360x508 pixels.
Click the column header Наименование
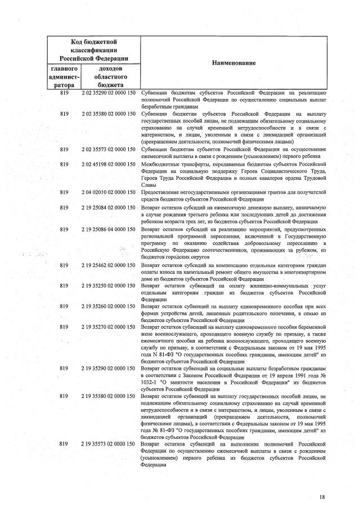[233, 63]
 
